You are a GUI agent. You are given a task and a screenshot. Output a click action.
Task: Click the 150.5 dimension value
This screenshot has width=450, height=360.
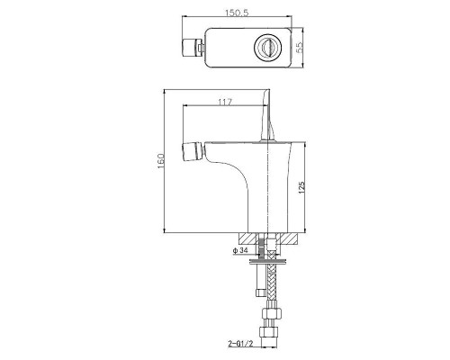[237, 13]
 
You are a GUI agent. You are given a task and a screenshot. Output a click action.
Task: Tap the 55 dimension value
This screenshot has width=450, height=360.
[300, 47]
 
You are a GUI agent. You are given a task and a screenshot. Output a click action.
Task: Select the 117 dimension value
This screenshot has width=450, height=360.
[225, 103]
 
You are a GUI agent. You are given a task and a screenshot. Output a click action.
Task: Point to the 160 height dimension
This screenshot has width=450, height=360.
[161, 161]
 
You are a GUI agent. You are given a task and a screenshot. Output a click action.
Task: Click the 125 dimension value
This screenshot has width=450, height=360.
[301, 187]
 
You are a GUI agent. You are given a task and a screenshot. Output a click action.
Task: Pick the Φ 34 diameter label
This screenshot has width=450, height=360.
[240, 250]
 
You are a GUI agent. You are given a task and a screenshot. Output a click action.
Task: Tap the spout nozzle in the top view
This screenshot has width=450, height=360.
[193, 48]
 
